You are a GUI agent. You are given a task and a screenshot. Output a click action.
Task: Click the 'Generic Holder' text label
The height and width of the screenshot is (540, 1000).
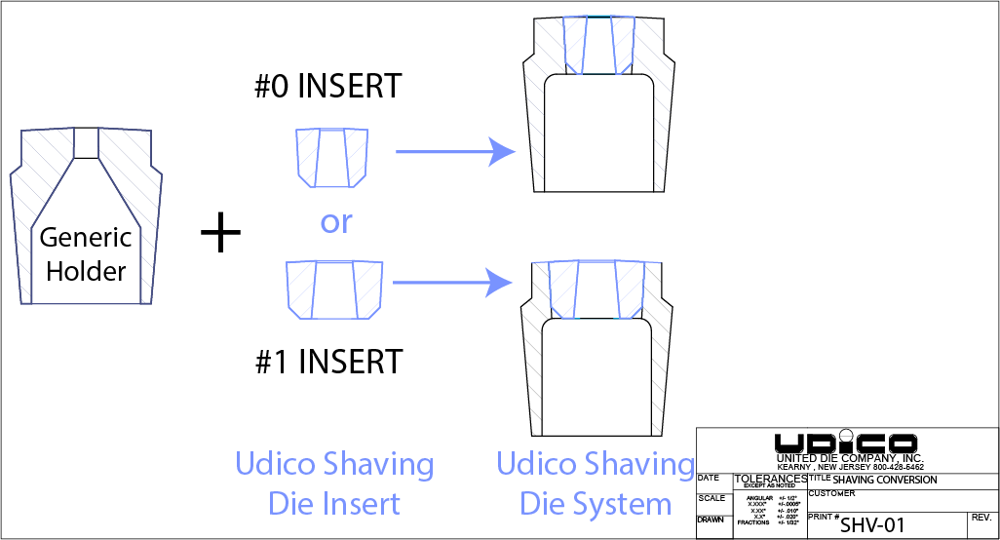(x=86, y=253)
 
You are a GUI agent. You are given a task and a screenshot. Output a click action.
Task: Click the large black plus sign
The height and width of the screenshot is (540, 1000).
(x=220, y=235)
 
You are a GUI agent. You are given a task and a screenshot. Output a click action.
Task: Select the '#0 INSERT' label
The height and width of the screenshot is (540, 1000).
(x=327, y=86)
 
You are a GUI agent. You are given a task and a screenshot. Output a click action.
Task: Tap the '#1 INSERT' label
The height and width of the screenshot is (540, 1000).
(x=327, y=362)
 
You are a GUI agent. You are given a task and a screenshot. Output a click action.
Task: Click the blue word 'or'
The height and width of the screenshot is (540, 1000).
(x=335, y=222)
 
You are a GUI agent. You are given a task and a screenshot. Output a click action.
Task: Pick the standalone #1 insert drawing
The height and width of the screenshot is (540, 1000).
(x=333, y=289)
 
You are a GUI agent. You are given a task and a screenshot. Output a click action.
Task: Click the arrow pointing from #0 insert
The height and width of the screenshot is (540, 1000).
(x=454, y=152)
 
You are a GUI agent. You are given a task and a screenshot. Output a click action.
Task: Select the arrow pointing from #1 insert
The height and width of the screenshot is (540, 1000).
(x=453, y=283)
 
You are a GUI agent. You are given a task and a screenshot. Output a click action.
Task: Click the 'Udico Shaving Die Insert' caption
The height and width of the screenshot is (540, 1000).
(x=334, y=483)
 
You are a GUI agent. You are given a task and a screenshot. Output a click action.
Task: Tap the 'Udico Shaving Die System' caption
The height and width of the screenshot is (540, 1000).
(x=596, y=483)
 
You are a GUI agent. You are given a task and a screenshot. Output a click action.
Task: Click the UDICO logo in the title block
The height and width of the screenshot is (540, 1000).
(x=845, y=442)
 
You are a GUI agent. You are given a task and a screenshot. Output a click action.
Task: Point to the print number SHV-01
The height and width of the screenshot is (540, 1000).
(x=872, y=525)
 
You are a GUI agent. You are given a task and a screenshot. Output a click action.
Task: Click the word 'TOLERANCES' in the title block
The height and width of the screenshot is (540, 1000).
(x=770, y=479)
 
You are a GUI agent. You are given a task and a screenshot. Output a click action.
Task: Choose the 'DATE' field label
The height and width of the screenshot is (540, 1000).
(x=709, y=478)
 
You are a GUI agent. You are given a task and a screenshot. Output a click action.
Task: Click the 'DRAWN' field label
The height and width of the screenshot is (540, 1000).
(x=711, y=520)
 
